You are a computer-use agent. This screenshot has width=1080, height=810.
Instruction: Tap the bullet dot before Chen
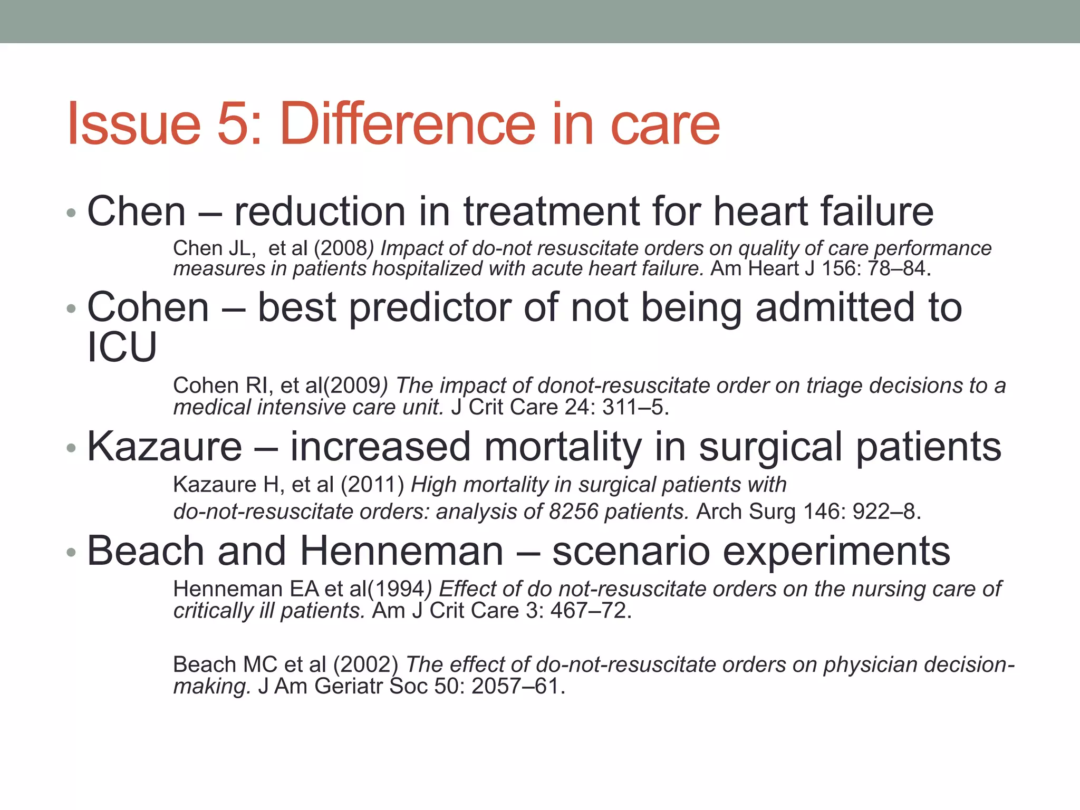click(x=71, y=213)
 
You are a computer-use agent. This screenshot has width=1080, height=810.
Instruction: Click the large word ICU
click(x=122, y=348)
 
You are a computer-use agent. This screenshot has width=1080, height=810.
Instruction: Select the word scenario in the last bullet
click(x=630, y=552)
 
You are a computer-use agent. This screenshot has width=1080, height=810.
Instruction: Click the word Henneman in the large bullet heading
click(x=401, y=552)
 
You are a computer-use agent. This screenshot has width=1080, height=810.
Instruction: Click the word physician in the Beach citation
click(x=868, y=664)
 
